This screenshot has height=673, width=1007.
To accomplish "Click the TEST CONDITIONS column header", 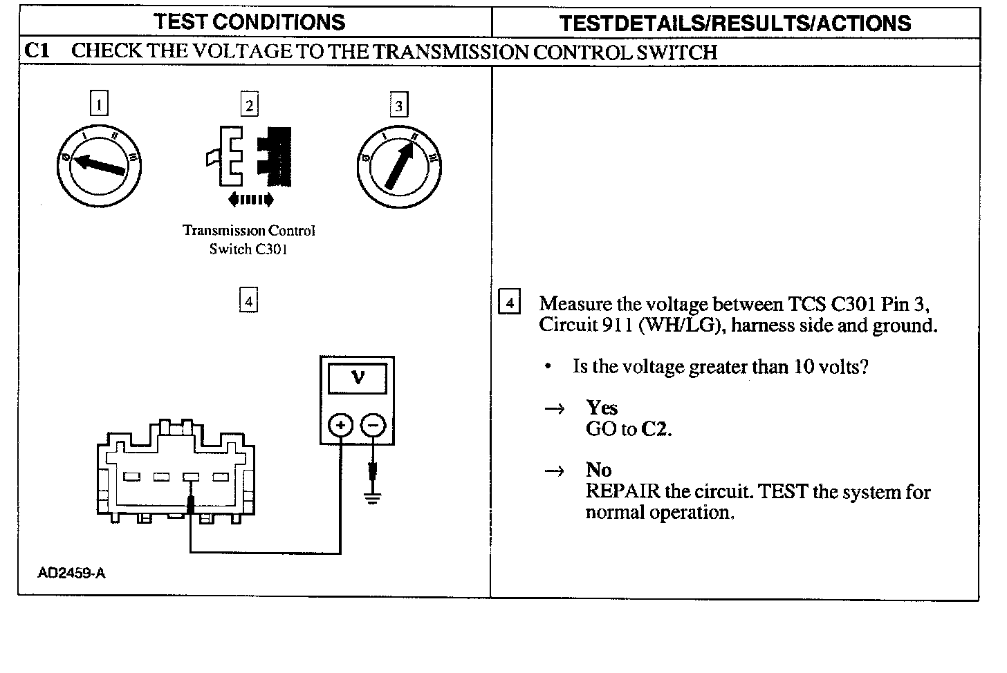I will click(x=250, y=22).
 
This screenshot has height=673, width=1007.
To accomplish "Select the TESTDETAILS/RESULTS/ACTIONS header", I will click(x=735, y=23).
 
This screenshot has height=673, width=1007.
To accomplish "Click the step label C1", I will click(x=36, y=51).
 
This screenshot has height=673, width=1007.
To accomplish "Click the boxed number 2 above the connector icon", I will click(x=249, y=104).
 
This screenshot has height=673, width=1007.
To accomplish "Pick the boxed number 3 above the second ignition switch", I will click(x=398, y=105).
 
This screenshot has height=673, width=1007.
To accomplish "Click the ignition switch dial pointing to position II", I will click(x=398, y=166).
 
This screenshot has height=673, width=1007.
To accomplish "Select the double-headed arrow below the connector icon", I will click(x=250, y=200).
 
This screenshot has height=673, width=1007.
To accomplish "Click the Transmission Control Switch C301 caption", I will click(x=248, y=239).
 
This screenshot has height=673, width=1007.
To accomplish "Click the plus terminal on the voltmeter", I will click(x=340, y=424).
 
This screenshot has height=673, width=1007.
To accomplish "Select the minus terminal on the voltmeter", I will click(x=373, y=424).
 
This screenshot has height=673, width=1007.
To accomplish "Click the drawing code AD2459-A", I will click(x=72, y=573).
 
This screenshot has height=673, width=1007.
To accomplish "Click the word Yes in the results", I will click(x=601, y=407).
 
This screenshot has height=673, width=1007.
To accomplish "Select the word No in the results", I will click(x=598, y=470).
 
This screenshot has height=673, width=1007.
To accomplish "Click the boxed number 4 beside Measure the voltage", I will click(x=510, y=303).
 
